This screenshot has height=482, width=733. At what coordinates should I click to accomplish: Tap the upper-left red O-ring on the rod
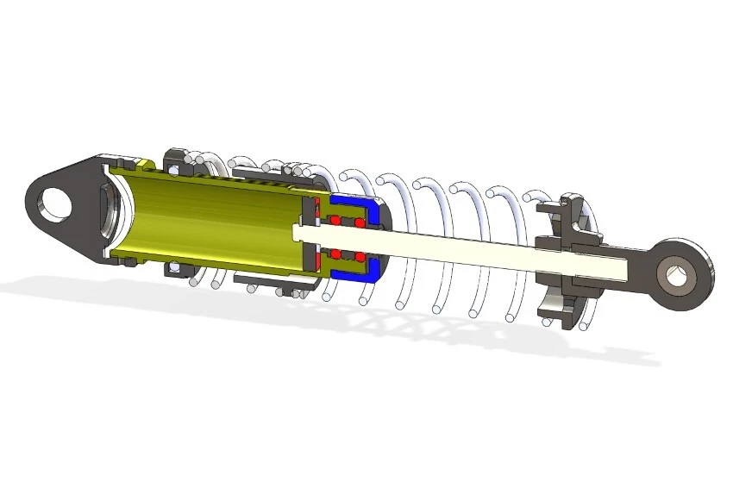335,222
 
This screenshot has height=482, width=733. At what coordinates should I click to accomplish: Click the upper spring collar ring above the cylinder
177,160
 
